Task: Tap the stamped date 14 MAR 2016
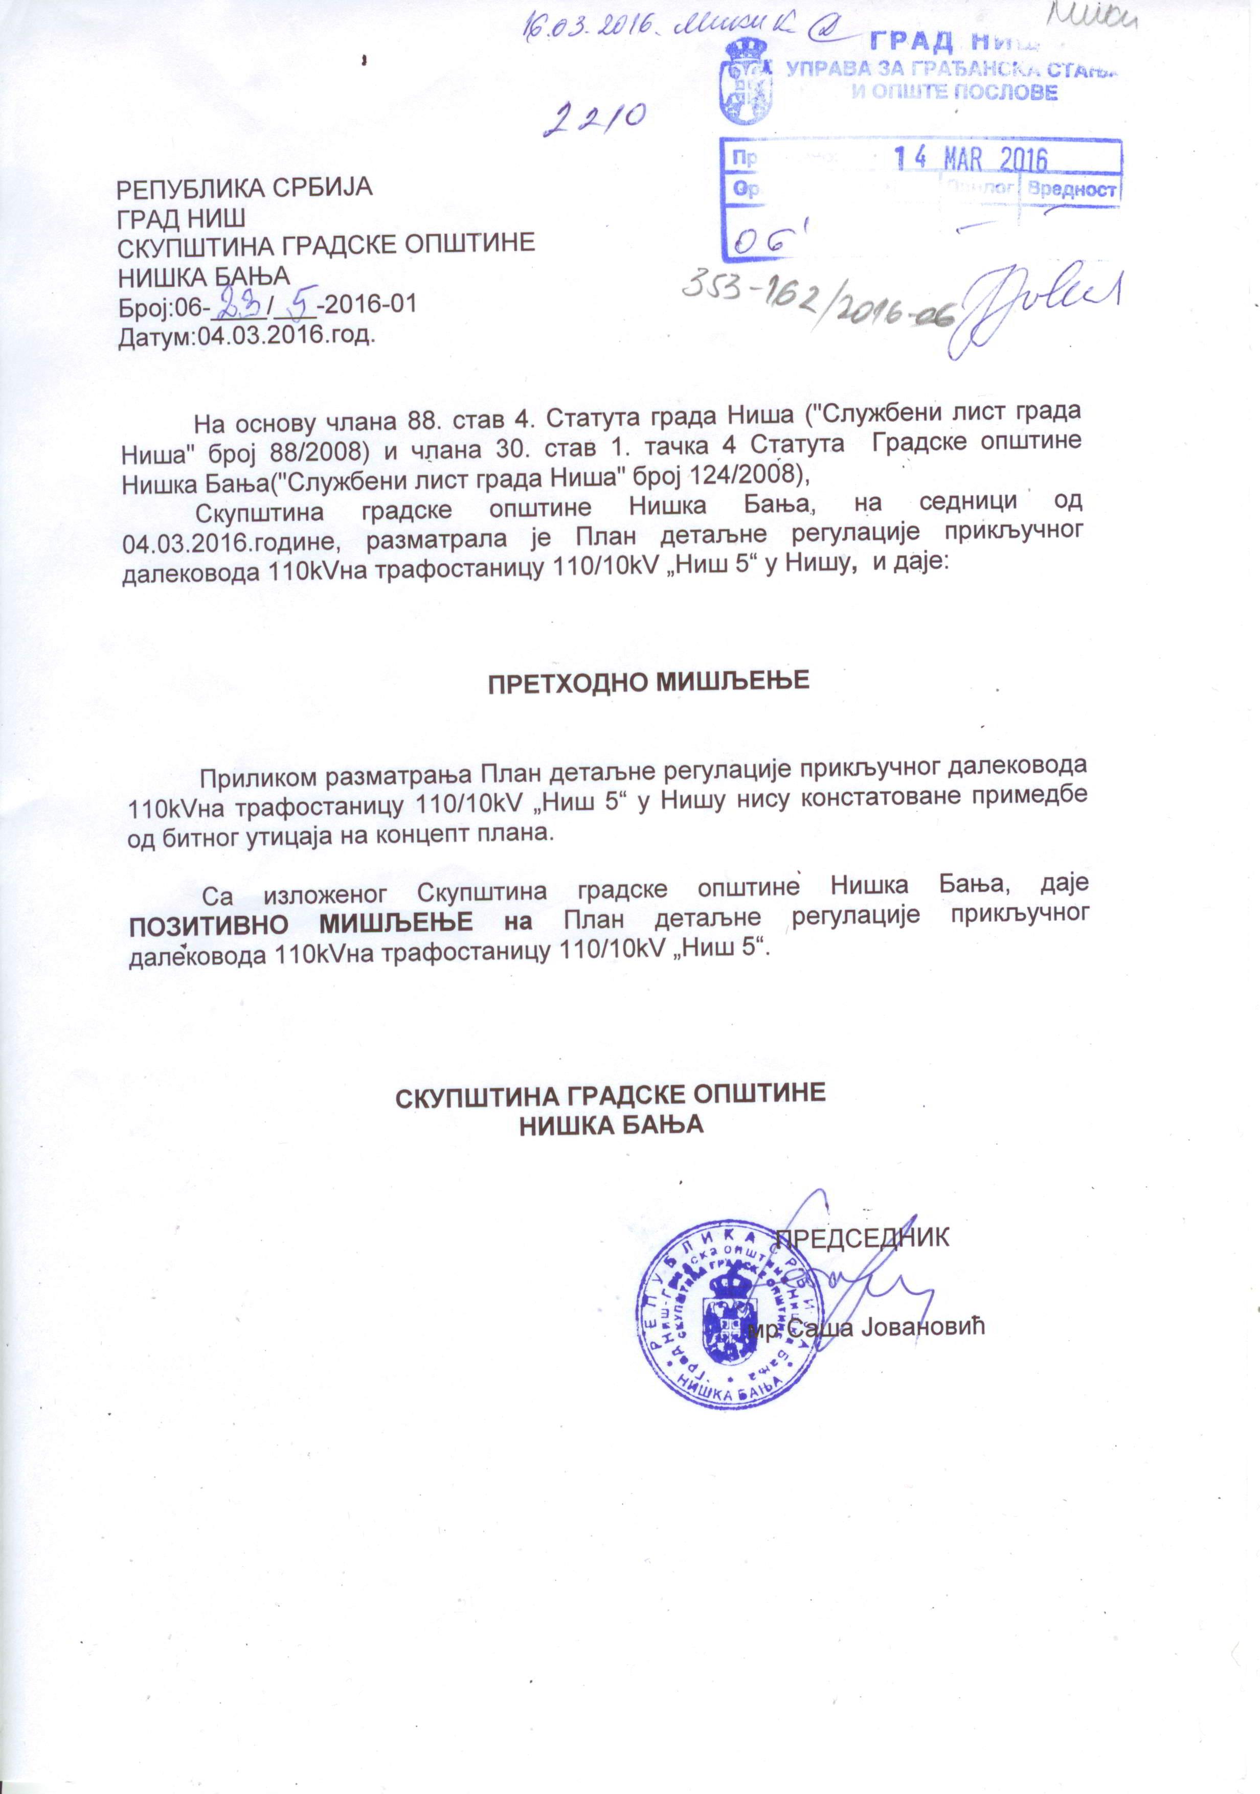click(970, 160)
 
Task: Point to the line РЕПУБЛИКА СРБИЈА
click(244, 188)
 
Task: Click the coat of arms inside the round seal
click(731, 1321)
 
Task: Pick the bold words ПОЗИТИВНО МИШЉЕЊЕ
click(300, 923)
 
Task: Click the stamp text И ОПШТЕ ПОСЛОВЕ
click(954, 92)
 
